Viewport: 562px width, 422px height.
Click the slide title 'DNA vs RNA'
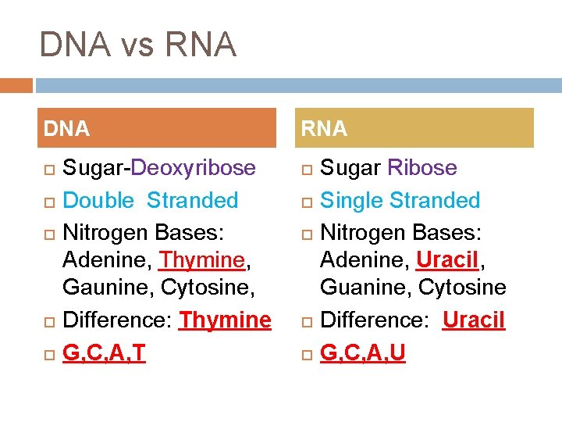pyautogui.click(x=137, y=45)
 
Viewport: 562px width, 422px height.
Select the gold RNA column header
pyautogui.click(x=416, y=128)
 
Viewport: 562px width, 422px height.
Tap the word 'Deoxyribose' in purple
pyautogui.click(x=193, y=168)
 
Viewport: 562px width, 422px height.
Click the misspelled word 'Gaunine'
pyautogui.click(x=108, y=288)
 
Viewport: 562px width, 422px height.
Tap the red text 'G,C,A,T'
pyautogui.click(x=104, y=353)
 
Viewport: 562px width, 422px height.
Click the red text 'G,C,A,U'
pyautogui.click(x=363, y=353)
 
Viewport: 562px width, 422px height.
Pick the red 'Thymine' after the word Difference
pyautogui.click(x=226, y=320)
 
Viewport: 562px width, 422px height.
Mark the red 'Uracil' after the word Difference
pyautogui.click(x=474, y=320)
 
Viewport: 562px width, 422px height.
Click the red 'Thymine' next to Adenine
pyautogui.click(x=202, y=258)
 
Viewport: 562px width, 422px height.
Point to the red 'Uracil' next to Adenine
pyautogui.click(x=447, y=258)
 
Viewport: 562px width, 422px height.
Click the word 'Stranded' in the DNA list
pyautogui.click(x=193, y=201)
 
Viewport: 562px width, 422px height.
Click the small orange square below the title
pyautogui.click(x=16, y=84)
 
